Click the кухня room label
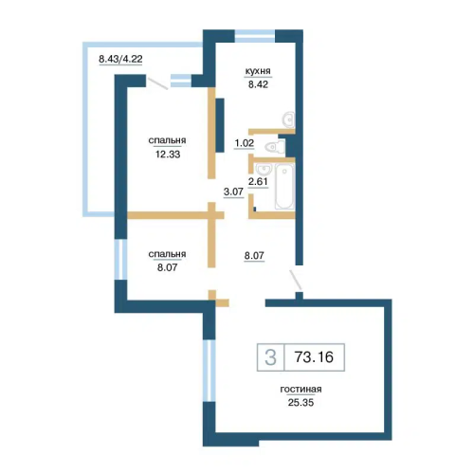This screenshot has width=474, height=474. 258,71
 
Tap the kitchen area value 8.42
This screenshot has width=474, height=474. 258,84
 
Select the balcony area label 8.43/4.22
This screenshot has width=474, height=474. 120,59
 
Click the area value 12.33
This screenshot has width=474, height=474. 168,155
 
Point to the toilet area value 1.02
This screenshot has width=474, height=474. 244,143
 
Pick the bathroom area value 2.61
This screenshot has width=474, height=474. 258,181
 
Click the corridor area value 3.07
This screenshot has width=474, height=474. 233,191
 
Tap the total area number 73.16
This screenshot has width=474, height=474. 314,357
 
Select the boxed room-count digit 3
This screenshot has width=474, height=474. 270,357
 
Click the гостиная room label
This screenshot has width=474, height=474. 301,390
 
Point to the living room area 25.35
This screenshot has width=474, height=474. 301,403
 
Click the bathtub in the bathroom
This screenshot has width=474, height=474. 284,186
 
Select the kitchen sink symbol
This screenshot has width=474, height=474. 288,118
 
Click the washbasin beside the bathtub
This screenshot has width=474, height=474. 263,170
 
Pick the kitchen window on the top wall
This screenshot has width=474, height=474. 255,36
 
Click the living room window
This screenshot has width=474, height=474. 209,371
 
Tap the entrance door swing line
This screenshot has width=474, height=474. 296,280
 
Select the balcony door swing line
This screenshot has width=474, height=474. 158,83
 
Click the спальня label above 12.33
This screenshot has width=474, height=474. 167,141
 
